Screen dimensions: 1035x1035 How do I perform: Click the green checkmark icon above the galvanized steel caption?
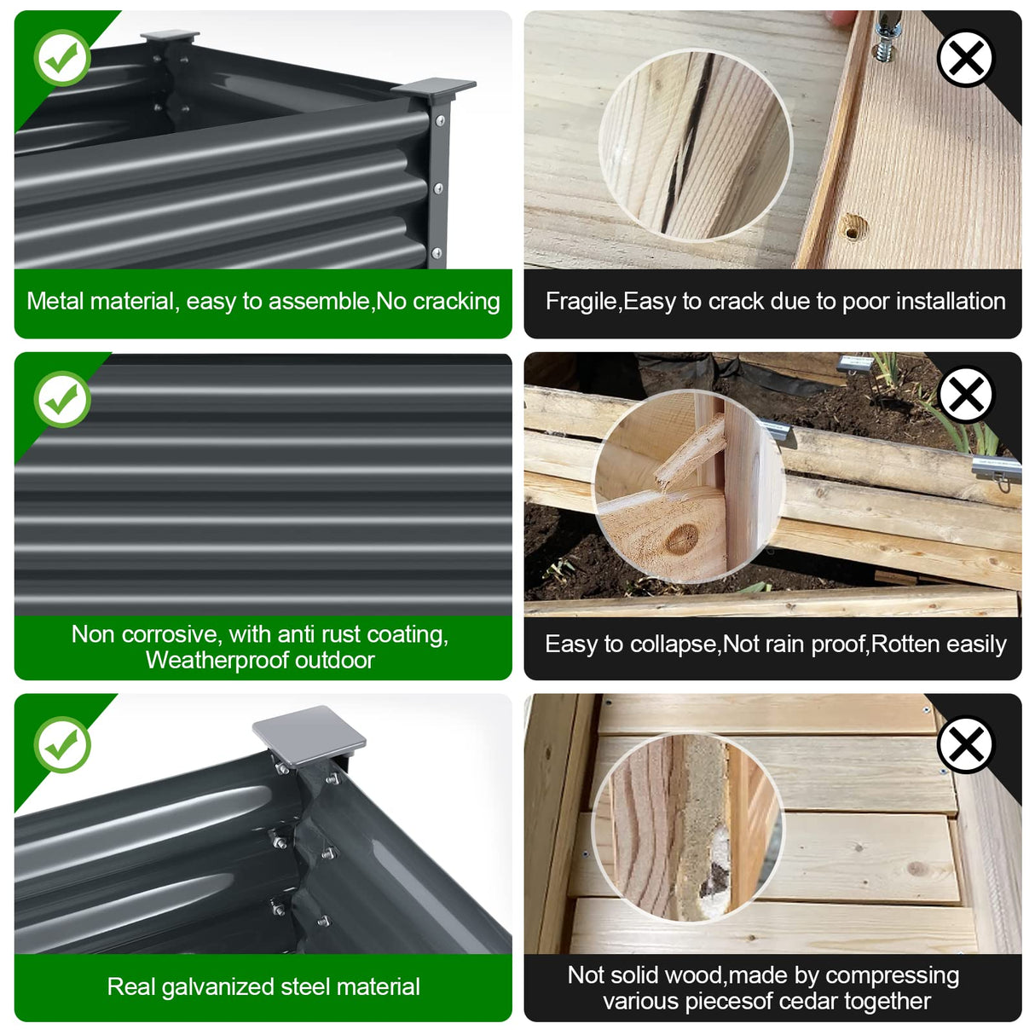[x=62, y=744]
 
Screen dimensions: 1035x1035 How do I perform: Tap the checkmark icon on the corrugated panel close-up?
[x=62, y=400]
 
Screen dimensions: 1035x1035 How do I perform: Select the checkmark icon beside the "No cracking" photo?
[x=62, y=57]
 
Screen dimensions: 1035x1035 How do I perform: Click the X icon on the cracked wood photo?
[x=966, y=57]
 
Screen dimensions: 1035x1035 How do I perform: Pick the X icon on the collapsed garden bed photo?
[x=966, y=395]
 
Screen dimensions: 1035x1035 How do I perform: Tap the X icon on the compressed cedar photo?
[x=966, y=744]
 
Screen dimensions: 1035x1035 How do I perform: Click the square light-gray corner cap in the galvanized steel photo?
[x=309, y=735]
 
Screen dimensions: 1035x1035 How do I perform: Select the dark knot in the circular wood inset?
[x=682, y=540]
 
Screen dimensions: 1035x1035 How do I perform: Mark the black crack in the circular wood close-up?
[x=687, y=145]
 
